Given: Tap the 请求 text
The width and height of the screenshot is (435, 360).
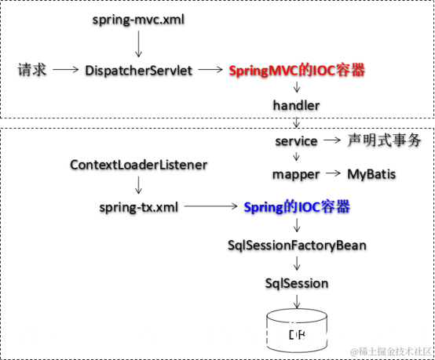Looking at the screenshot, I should tap(33, 70).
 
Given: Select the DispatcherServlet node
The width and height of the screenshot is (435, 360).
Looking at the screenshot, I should tap(138, 70).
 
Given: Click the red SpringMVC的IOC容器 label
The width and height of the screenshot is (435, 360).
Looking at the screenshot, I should tap(297, 70).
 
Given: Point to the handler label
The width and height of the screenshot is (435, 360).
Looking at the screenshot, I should tap(297, 105).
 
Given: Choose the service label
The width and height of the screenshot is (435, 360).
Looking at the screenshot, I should tap(296, 141).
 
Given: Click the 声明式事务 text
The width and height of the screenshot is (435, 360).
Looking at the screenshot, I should tap(385, 141).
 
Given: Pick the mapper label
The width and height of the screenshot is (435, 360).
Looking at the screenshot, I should tap(296, 173).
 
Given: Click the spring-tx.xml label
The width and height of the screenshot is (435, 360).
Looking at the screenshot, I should tap(139, 207).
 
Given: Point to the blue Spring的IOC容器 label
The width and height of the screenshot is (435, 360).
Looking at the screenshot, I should tap(297, 207).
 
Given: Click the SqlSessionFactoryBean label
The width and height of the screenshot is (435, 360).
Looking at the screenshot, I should tap(297, 245).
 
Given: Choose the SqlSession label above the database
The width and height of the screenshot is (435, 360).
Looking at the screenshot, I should tap(297, 282).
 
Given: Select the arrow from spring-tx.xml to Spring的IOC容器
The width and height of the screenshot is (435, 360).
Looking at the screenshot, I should tap(210, 207).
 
